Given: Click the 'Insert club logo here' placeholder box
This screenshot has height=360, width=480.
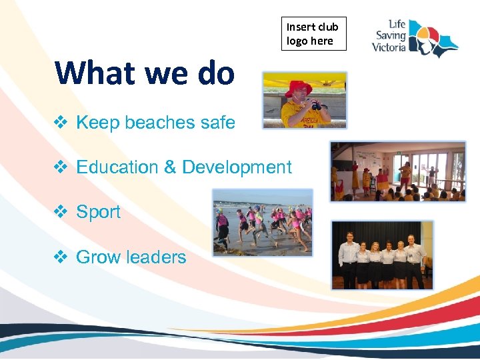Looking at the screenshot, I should [x=313, y=34].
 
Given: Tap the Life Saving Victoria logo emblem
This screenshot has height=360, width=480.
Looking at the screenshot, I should [x=434, y=38].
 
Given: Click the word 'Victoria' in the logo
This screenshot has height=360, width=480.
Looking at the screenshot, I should [x=389, y=49].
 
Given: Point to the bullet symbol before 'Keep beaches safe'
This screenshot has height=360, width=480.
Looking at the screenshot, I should [x=60, y=123].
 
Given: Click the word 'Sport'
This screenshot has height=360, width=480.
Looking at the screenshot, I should [x=99, y=212].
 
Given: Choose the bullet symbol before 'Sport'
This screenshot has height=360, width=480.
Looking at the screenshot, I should [x=60, y=212].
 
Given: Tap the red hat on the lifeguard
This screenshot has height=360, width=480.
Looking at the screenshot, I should [x=299, y=87].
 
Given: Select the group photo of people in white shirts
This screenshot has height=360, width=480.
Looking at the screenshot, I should [x=382, y=255].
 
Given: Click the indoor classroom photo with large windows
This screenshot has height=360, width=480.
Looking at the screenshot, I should [x=398, y=171].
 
